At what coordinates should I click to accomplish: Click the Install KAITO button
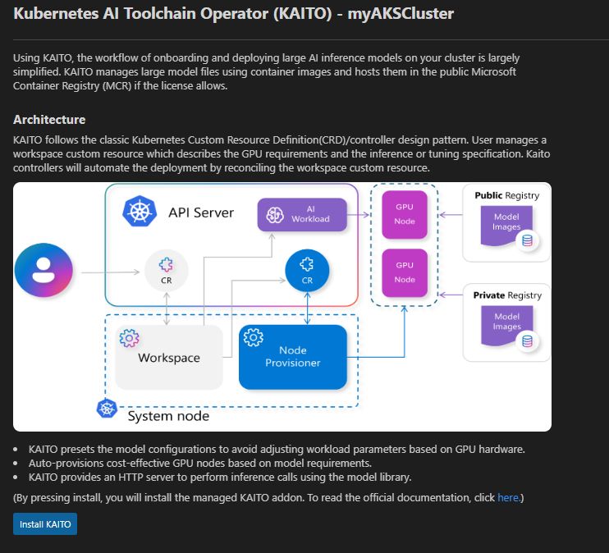[45, 523]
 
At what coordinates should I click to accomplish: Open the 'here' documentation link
[507, 497]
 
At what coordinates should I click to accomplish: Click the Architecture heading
[49, 120]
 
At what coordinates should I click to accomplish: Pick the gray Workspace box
[169, 357]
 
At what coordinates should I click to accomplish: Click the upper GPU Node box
[405, 215]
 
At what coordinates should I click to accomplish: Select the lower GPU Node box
[405, 272]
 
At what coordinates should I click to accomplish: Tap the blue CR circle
[307, 268]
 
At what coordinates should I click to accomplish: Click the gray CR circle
[167, 269]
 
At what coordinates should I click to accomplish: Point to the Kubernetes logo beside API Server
[139, 212]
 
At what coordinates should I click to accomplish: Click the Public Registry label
[507, 195]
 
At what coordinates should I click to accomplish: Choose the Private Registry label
[507, 295]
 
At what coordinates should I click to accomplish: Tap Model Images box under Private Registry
[506, 322]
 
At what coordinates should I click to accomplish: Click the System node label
[168, 416]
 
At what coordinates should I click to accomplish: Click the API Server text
[201, 213]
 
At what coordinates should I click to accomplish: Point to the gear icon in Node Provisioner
[254, 336]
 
